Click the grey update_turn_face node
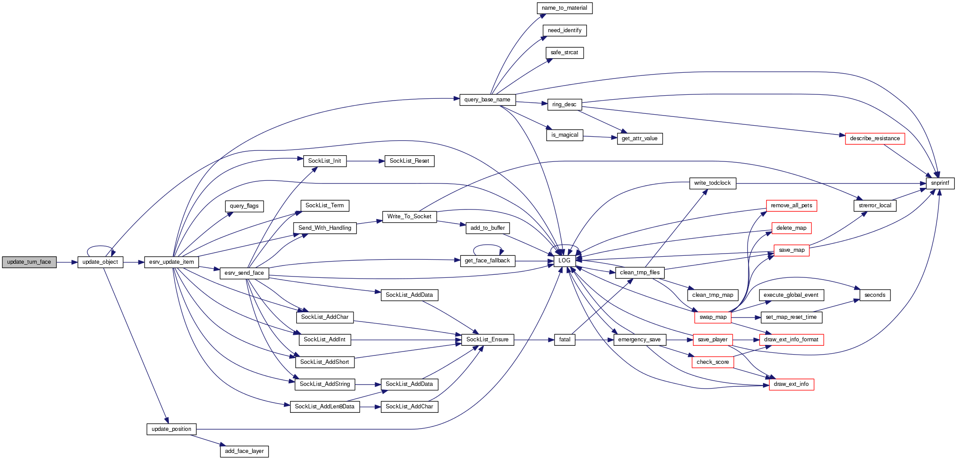coord(29,262)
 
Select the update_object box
coord(100,262)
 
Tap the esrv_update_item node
coord(171,262)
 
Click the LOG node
coord(564,261)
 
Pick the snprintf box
coord(940,183)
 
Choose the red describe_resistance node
coord(875,138)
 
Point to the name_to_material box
coord(564,8)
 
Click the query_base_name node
coord(487,100)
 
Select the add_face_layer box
coord(244,451)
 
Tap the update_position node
coord(171,429)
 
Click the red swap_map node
coord(713,317)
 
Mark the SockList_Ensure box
coord(487,340)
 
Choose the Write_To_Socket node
coord(409,217)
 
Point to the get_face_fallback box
coord(487,261)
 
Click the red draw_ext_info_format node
coord(791,340)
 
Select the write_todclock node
coord(712,183)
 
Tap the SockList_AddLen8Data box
coord(324,407)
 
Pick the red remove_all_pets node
coord(791,206)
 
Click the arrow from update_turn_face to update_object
coord(67,262)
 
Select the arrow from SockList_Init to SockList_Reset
coord(365,161)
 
